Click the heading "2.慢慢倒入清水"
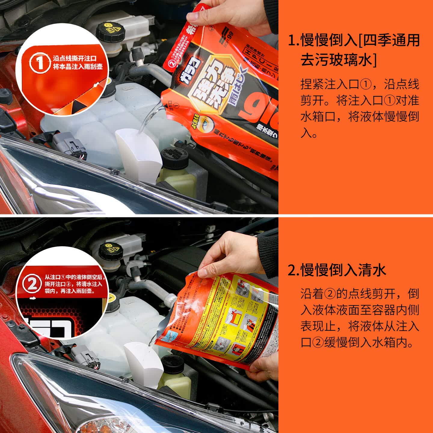[337, 270]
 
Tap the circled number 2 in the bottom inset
[32, 284]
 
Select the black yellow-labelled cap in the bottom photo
[111, 250]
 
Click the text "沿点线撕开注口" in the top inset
[75, 58]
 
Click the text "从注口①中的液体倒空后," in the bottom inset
[74, 277]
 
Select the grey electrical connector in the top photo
[69, 146]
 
